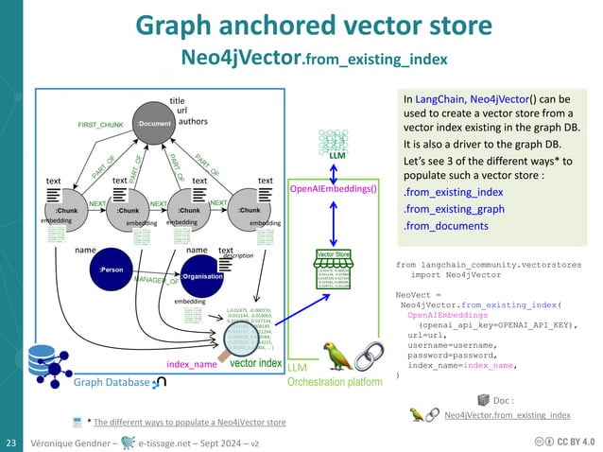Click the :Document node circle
152,124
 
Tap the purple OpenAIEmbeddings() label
333,189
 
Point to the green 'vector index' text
255,362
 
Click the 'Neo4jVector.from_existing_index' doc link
507,415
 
